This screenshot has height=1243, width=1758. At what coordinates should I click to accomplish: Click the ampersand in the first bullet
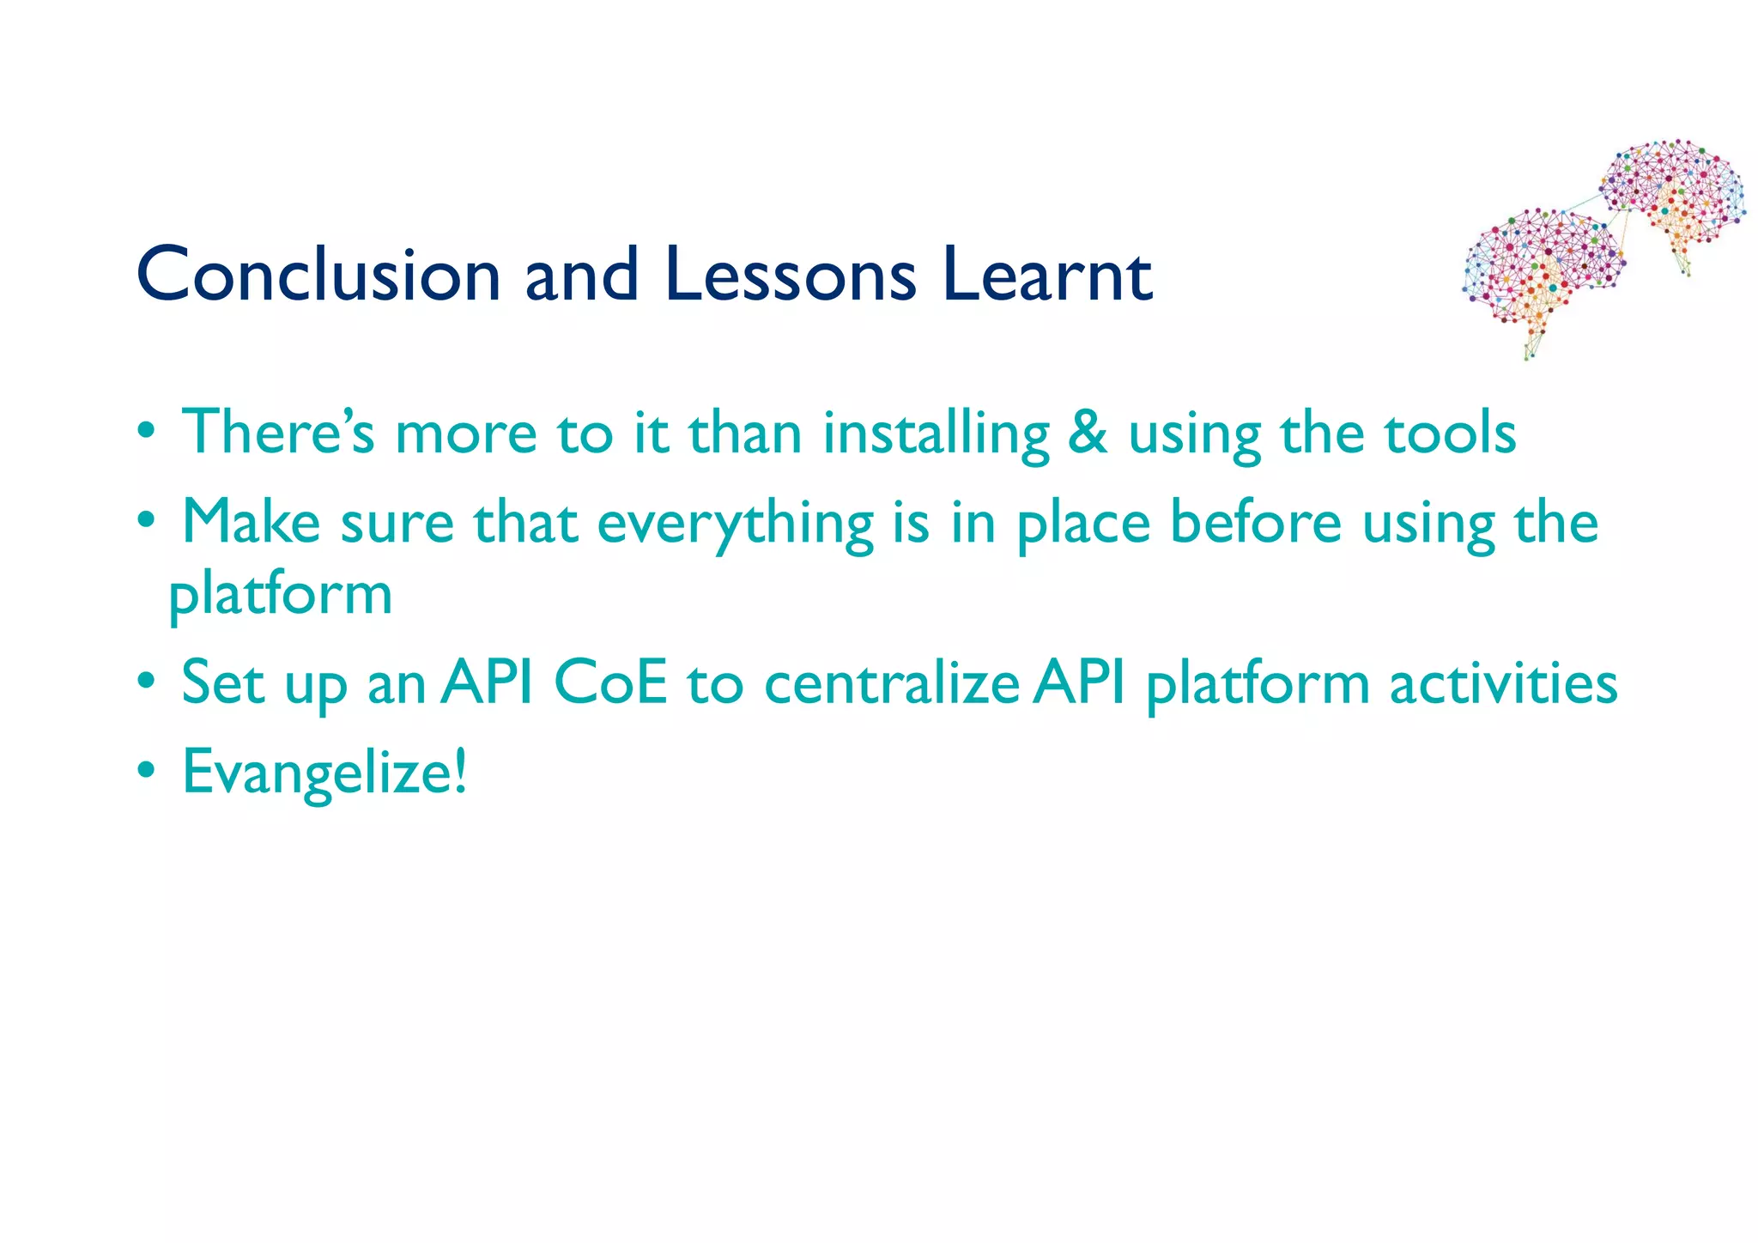point(1088,433)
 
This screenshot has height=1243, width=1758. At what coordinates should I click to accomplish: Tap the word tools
point(1451,433)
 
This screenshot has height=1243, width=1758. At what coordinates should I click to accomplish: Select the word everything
point(735,524)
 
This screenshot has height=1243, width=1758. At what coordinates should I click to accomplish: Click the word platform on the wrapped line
point(280,596)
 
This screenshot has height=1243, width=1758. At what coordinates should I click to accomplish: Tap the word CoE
point(610,683)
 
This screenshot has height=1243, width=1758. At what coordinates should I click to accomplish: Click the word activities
point(1503,684)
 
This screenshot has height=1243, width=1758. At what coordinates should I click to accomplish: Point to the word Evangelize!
point(325,773)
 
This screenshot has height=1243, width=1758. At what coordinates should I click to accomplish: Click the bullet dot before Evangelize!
point(147,771)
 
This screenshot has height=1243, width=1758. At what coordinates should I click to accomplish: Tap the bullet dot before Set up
point(147,682)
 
